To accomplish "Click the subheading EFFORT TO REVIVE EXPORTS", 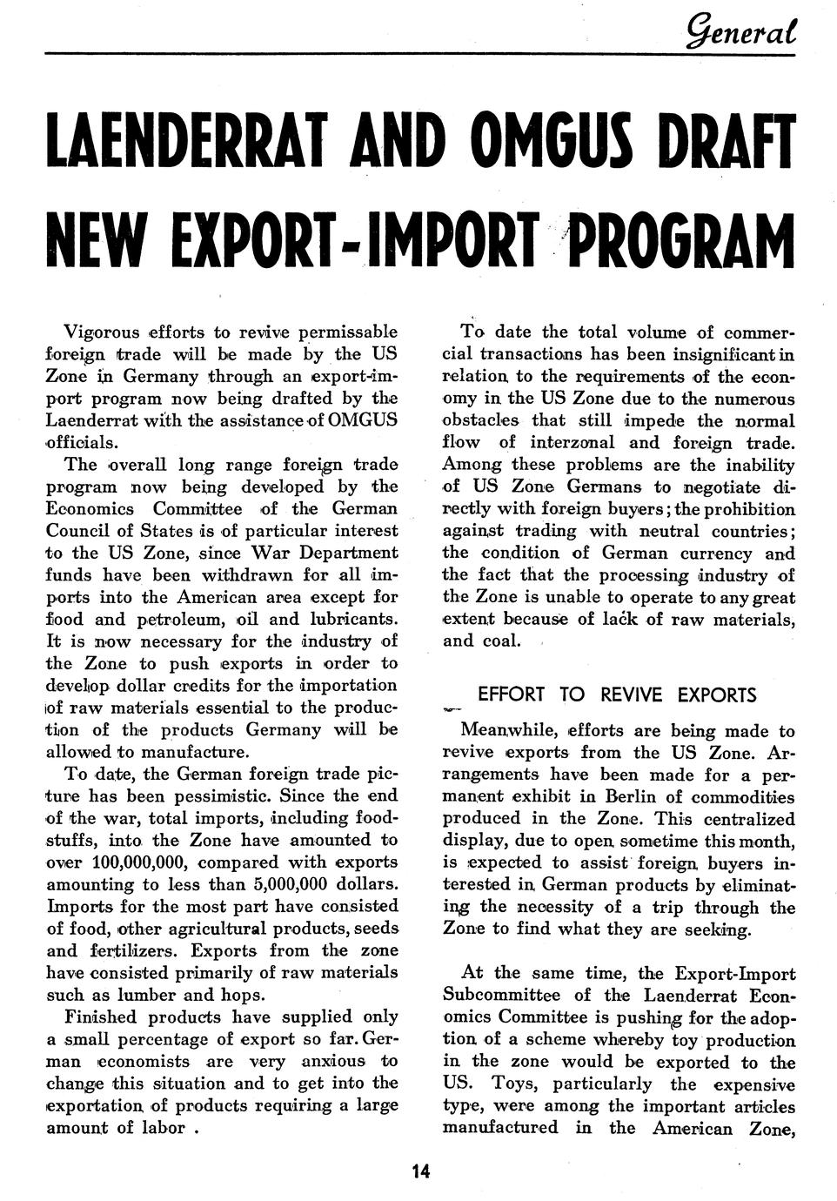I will [617, 694].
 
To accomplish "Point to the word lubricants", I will [349, 620].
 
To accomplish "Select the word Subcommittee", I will [501, 995].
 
